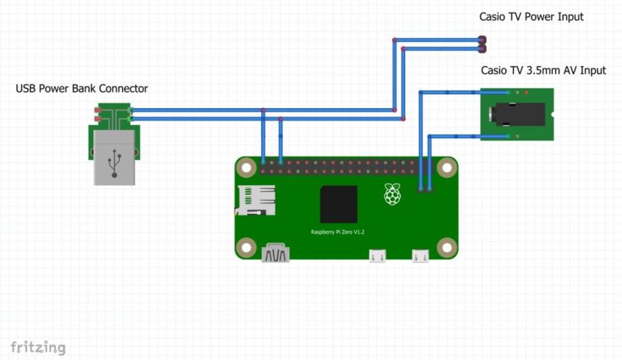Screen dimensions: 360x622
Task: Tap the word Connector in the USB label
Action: [x=125, y=89]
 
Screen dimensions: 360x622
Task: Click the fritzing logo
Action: [x=37, y=346]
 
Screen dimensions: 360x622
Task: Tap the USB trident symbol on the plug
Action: [x=114, y=163]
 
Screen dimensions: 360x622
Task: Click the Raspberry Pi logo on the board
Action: [x=393, y=194]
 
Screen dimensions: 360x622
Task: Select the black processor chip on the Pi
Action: [x=338, y=204]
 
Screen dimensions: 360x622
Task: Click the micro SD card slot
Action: [x=256, y=201]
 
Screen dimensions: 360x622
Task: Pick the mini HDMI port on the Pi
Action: [x=276, y=253]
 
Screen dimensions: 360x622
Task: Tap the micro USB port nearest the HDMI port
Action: [x=379, y=255]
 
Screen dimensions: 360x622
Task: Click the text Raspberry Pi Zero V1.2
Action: [x=338, y=232]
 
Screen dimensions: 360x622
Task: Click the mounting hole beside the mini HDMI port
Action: [x=246, y=247]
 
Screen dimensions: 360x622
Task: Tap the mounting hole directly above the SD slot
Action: [x=246, y=166]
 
